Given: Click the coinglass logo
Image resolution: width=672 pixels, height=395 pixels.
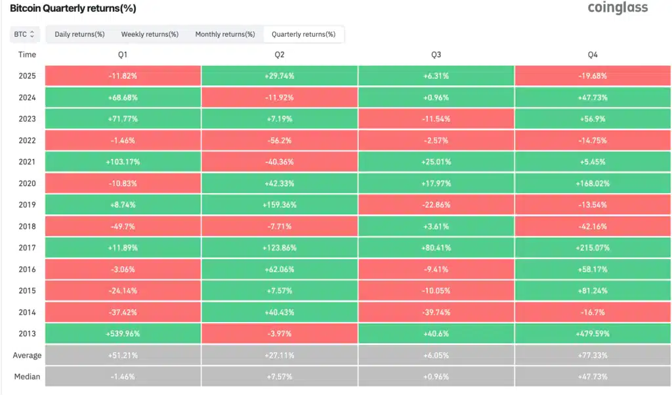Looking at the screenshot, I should pos(617,8).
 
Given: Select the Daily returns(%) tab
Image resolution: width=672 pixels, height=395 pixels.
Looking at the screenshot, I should pos(79,34).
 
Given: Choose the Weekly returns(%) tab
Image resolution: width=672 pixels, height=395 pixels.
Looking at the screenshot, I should pos(150,34).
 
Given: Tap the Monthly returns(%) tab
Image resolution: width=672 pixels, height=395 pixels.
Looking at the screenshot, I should pos(225,34).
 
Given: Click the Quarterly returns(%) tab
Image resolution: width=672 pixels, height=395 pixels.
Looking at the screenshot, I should pos(303,34).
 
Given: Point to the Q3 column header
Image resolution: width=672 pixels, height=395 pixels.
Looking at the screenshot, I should pos(436,55).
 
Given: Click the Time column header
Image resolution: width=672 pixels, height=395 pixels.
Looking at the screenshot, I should pos(28,55).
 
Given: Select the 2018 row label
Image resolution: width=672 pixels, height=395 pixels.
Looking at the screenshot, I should pos(28,226).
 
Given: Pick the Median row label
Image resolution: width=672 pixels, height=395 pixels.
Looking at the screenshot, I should pos(28,377).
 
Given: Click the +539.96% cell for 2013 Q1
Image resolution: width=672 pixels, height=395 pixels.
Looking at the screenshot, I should pos(123,334).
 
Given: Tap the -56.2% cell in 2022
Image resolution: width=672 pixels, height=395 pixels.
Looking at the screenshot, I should pos(280,140).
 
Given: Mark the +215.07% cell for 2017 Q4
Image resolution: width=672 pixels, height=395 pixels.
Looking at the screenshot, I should pos(593,248).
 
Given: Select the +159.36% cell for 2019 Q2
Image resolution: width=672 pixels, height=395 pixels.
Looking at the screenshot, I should pos(280,204).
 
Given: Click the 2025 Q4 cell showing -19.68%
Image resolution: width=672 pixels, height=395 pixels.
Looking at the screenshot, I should pos(593,76).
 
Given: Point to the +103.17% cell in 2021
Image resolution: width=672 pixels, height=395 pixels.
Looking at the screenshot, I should pos(123,162).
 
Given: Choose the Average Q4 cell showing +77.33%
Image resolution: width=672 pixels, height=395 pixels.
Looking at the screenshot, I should pos(593,356).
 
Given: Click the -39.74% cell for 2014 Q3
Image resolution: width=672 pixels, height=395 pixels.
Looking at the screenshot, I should pos(436,312).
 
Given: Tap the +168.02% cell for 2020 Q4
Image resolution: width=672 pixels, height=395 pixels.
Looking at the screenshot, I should pos(593,183).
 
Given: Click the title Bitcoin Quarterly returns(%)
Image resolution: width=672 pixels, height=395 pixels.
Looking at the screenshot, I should pos(73,9).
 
